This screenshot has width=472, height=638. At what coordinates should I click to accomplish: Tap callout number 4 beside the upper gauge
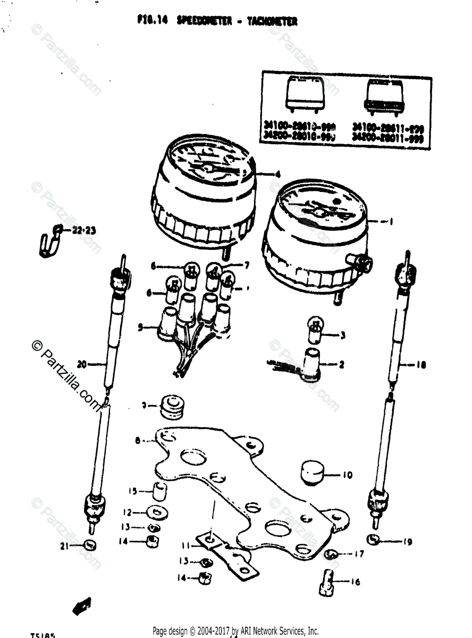tap(277, 174)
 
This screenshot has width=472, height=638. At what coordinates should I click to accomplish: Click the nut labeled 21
tap(91, 544)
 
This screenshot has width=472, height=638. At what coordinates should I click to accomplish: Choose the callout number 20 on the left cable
tap(81, 365)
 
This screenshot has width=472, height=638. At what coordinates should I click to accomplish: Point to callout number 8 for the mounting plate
tap(138, 440)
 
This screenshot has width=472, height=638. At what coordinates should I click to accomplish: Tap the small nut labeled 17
tap(332, 555)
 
